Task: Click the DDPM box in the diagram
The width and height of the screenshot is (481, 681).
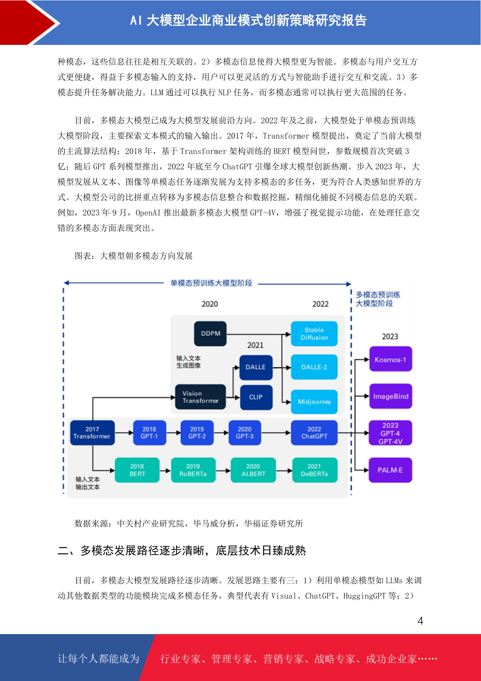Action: (x=210, y=334)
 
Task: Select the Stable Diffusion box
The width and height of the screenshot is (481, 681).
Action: (x=314, y=334)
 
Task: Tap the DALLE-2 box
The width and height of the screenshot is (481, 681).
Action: (x=314, y=367)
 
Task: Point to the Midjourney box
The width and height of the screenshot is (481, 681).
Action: (x=314, y=402)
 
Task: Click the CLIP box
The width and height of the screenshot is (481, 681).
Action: (x=256, y=397)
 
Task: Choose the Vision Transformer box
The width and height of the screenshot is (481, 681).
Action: (x=200, y=397)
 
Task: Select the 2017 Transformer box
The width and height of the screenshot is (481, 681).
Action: (x=92, y=433)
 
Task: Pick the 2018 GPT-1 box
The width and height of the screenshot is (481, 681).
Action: (x=149, y=433)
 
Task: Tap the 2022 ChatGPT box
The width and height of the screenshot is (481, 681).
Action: (x=314, y=433)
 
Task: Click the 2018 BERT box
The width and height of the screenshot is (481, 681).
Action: (x=137, y=470)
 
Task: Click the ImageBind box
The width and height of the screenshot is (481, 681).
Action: (x=391, y=396)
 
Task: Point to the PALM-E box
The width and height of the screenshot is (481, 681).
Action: (x=391, y=470)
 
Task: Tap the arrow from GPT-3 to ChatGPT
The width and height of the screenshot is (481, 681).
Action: (x=276, y=433)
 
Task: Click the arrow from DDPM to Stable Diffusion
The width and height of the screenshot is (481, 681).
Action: (x=259, y=334)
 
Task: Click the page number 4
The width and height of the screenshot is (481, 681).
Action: (x=420, y=620)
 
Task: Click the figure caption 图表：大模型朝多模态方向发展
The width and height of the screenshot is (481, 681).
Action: (x=134, y=256)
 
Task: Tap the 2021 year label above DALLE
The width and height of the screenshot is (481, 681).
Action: (x=255, y=345)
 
